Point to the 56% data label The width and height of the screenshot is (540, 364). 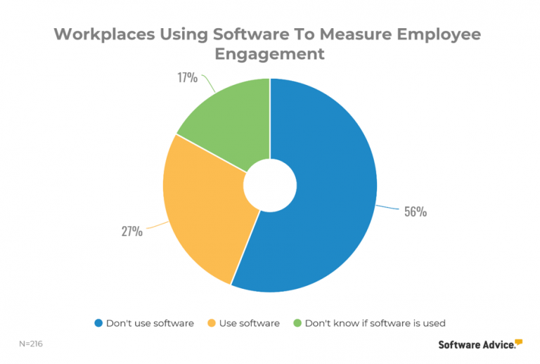point(415,211)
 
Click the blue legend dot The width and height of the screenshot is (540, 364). point(98,323)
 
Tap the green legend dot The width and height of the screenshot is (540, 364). point(297,323)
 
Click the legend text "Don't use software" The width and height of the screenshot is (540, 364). point(150,323)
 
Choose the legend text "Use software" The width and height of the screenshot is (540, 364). point(249,323)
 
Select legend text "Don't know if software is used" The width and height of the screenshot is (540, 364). point(375,323)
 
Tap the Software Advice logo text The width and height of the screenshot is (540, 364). point(475,344)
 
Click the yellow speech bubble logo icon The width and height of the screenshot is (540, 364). point(519,342)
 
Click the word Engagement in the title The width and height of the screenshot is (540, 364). point(270,55)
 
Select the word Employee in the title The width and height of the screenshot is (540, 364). point(444,34)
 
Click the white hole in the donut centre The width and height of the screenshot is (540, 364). point(270,184)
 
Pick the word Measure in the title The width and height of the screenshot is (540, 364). point(359,34)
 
